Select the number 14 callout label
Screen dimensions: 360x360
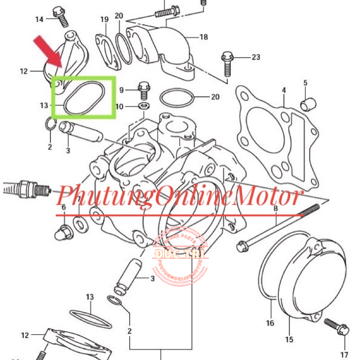[39, 19]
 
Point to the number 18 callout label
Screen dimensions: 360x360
[204, 37]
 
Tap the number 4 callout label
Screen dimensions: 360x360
[284, 90]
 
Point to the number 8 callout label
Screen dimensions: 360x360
[275, 208]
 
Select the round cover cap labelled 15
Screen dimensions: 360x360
[310, 279]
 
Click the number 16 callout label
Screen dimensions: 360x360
[270, 323]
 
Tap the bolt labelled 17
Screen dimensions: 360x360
[336, 327]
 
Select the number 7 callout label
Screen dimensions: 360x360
[79, 199]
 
